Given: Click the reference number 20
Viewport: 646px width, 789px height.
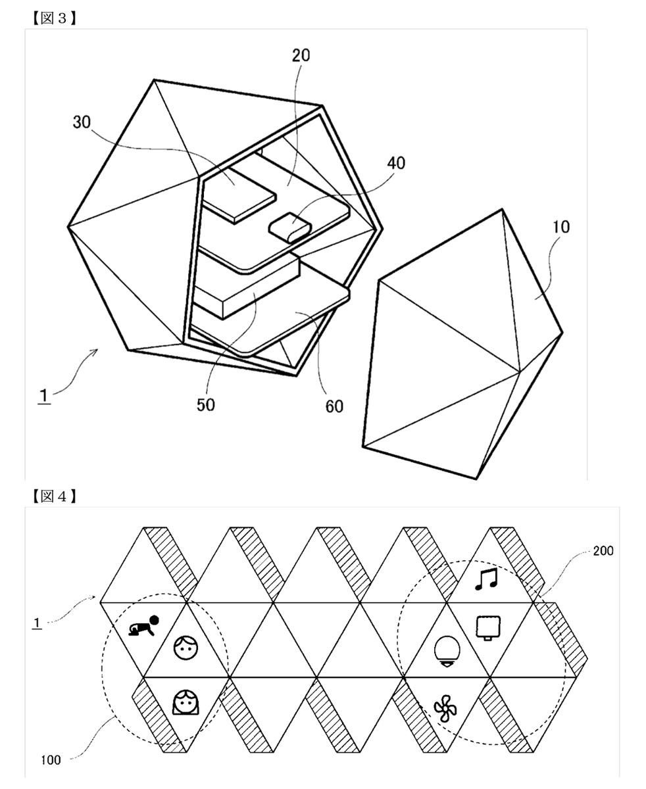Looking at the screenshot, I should point(301,56).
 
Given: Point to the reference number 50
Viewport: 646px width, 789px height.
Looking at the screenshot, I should point(205,404).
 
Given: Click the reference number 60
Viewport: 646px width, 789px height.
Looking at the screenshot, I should point(334,407).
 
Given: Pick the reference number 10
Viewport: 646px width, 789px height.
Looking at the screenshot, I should point(560,227).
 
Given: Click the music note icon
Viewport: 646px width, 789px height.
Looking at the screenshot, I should point(487,579).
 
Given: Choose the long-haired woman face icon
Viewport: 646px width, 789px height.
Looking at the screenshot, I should point(185,703).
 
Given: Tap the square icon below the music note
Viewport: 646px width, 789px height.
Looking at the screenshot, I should point(487,627).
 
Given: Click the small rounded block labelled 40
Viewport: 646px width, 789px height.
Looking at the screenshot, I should point(289,227).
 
